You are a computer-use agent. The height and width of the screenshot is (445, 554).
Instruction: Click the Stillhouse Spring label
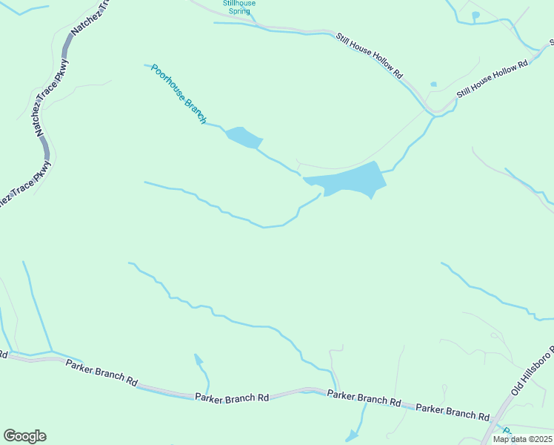pyautogui.click(x=239, y=7)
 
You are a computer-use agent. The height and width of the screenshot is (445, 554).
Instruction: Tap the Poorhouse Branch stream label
pyautogui.click(x=178, y=93)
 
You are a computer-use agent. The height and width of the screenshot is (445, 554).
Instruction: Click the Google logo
pyautogui.click(x=24, y=436)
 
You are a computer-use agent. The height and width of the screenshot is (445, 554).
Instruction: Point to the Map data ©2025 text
pyautogui.click(x=522, y=439)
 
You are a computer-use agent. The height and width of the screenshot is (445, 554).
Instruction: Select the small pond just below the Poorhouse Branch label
pyautogui.click(x=243, y=137)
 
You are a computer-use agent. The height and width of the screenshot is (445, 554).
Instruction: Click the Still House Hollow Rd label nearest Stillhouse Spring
pyautogui.click(x=369, y=56)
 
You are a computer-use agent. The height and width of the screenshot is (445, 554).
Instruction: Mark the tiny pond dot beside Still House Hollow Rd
pyautogui.click(x=433, y=85)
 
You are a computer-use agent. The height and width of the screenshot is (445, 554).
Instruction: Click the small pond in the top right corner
pyautogui.click(x=475, y=15)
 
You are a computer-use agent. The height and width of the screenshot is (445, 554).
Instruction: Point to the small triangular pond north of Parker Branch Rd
pyautogui.click(x=198, y=360)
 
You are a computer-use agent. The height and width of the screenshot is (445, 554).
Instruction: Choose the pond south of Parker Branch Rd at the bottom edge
pyautogui.click(x=352, y=435)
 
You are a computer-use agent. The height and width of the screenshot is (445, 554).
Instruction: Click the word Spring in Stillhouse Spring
pyautogui.click(x=239, y=12)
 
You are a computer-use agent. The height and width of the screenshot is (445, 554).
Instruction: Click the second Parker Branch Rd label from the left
pyautogui.click(x=232, y=398)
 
